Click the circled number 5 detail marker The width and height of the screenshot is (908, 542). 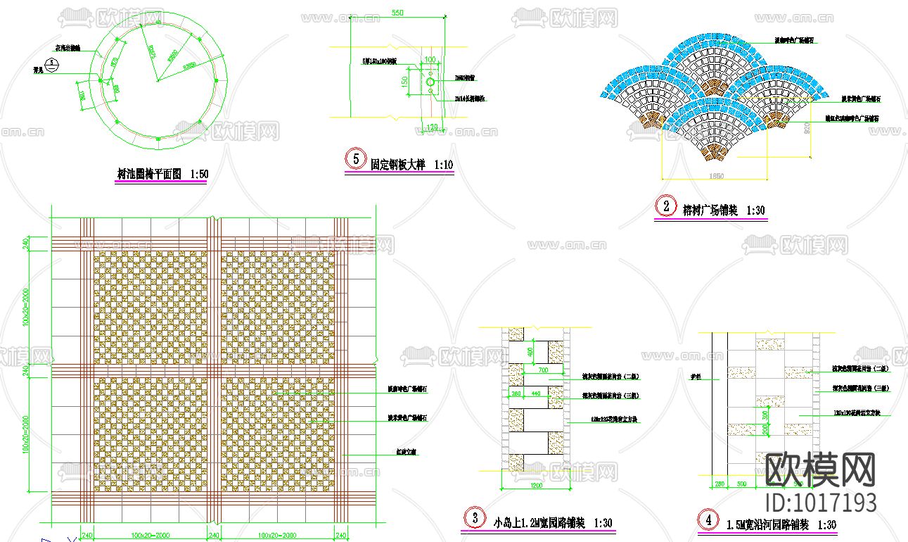coord(355,158)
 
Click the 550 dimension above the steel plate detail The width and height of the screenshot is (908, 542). coord(397,13)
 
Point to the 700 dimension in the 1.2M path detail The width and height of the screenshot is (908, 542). coord(542,370)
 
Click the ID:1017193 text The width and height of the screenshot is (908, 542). coord(820,503)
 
